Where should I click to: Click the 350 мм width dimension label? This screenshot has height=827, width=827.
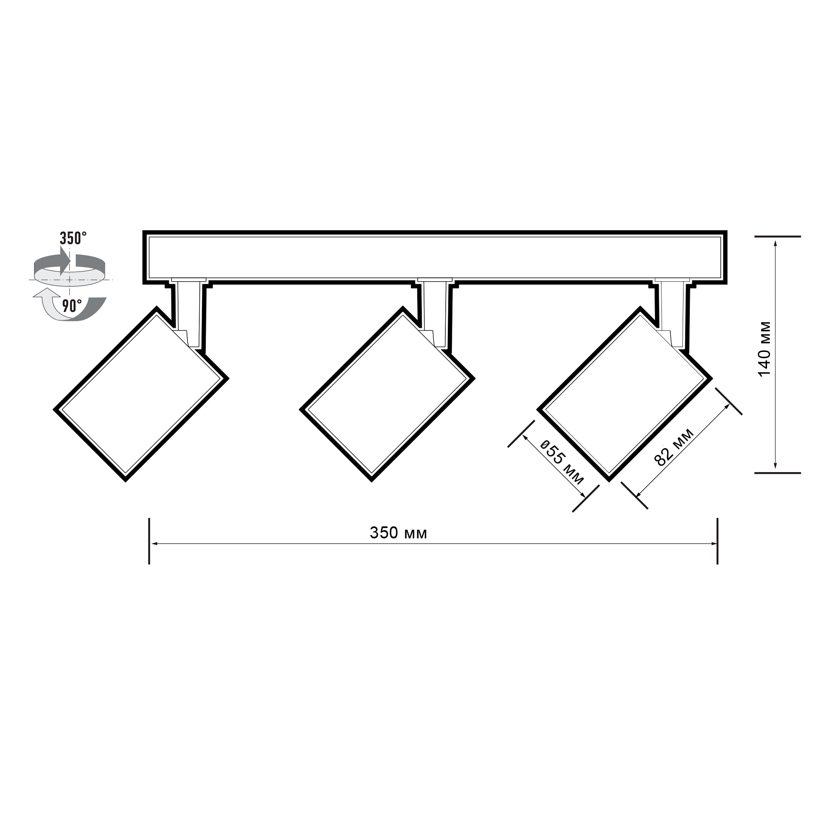tap(399, 533)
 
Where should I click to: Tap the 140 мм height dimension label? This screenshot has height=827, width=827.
tap(765, 349)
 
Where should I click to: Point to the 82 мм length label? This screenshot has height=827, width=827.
tap(674, 447)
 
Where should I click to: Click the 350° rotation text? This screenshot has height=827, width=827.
tap(73, 238)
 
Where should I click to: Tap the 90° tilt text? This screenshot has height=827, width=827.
tap(72, 306)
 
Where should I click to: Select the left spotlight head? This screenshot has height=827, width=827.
tap(141, 394)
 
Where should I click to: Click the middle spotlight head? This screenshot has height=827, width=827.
tap(387, 394)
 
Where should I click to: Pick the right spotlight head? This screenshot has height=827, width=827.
tap(624, 394)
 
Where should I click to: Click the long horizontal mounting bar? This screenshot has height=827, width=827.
tap(435, 257)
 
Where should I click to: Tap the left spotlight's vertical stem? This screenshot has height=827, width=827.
tap(189, 315)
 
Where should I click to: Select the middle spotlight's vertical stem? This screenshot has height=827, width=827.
tap(435, 315)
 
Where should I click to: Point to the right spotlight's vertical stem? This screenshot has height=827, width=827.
tap(672, 315)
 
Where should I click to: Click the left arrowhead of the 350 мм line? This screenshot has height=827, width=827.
tap(155, 544)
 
